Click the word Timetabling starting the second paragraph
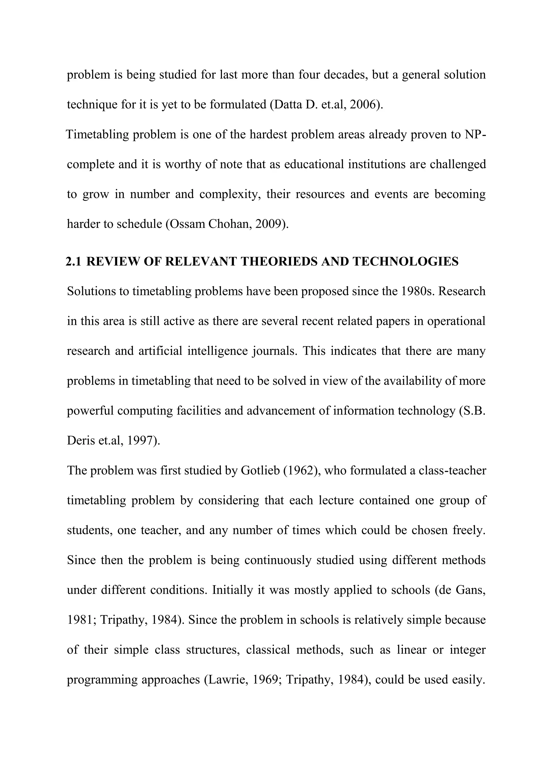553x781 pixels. [x=97, y=134]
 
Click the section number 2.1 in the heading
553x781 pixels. [x=73, y=262]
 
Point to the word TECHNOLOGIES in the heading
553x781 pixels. [x=405, y=262]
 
